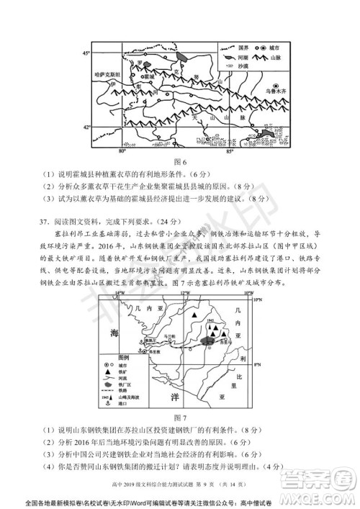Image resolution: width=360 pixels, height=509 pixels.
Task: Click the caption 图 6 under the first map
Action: coord(180,161)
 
